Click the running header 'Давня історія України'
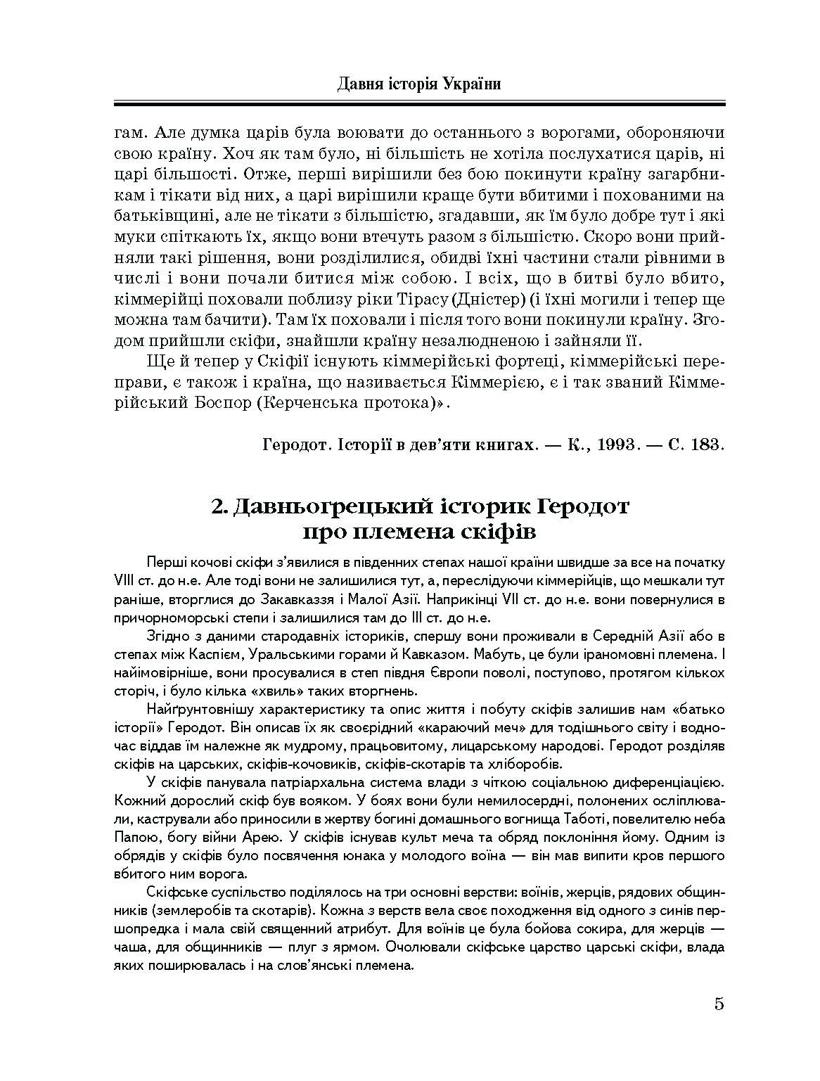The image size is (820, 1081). click(x=419, y=85)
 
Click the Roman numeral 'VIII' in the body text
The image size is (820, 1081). click(x=124, y=582)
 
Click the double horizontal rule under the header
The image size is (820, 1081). click(x=419, y=104)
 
